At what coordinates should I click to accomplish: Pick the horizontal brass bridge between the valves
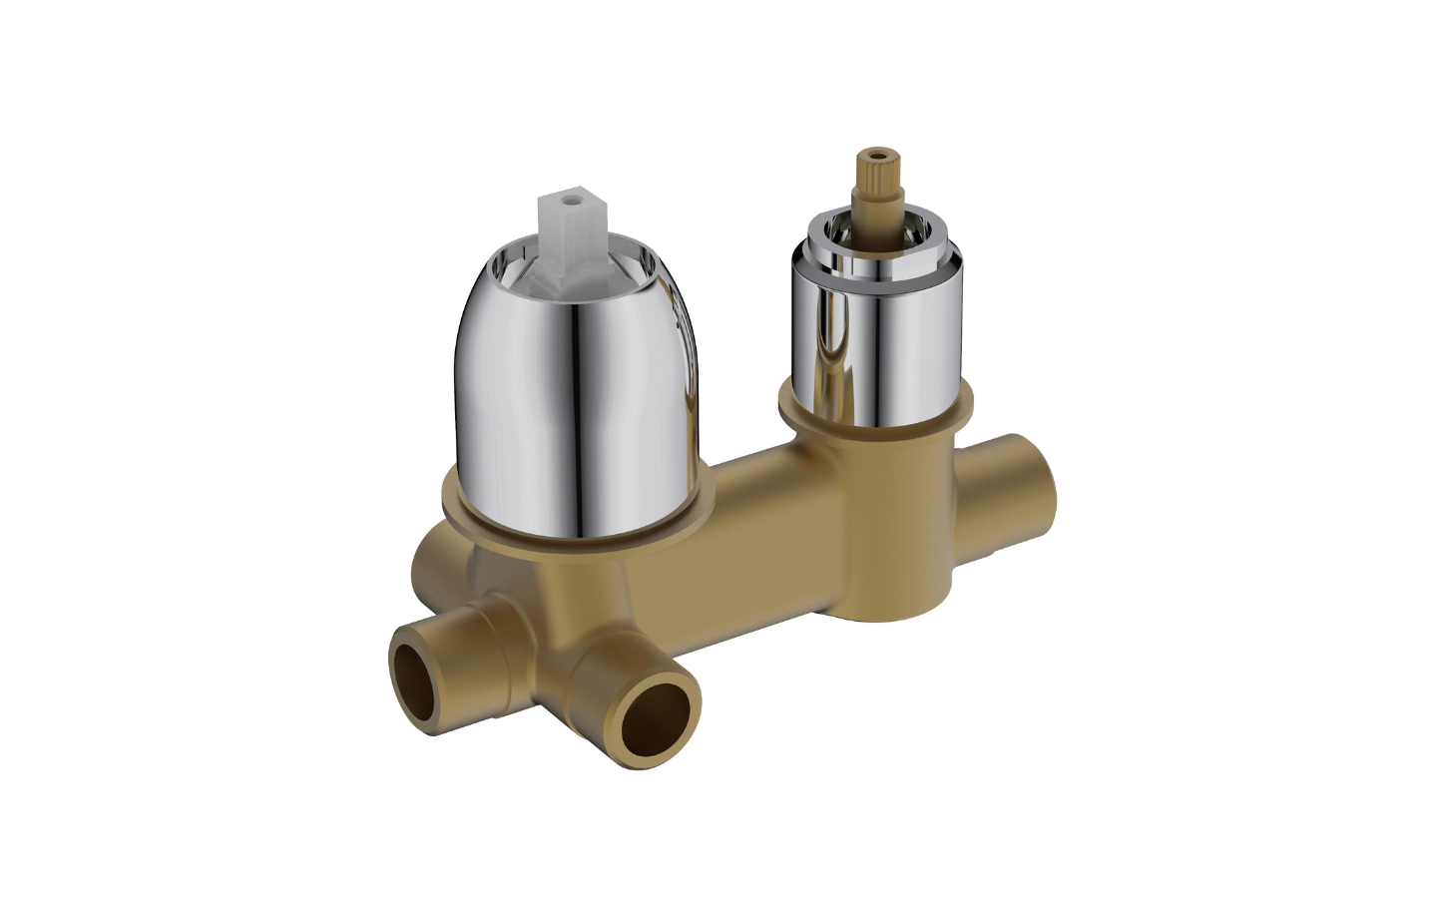[738, 539]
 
